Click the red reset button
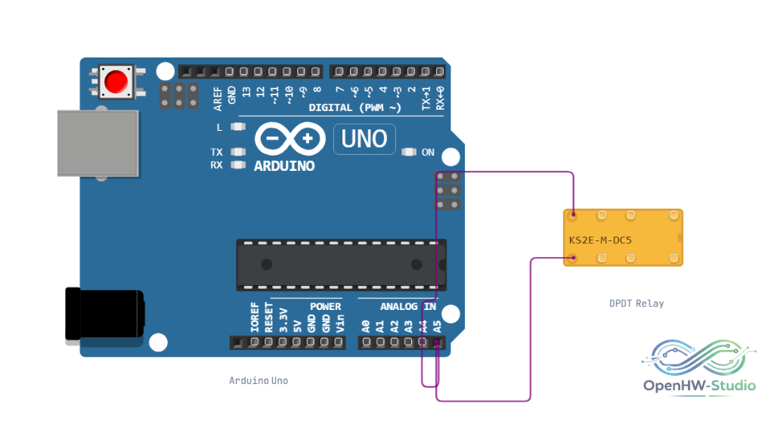point(116,82)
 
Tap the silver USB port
point(98,143)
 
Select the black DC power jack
point(104,314)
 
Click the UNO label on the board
point(364,139)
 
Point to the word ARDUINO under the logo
point(284,166)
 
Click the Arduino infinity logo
point(290,139)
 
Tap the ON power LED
point(409,152)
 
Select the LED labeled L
point(238,127)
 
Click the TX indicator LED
point(238,152)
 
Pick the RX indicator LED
point(238,165)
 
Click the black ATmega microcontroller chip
point(342,265)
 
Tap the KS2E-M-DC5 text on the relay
point(600,240)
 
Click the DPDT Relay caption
point(636,303)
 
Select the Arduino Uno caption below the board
point(259,380)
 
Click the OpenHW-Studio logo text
point(699,386)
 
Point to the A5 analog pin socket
point(437,342)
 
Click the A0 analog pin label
point(366,327)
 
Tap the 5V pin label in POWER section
point(297,327)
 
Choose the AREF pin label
point(218,98)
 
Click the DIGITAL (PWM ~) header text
point(355,107)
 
